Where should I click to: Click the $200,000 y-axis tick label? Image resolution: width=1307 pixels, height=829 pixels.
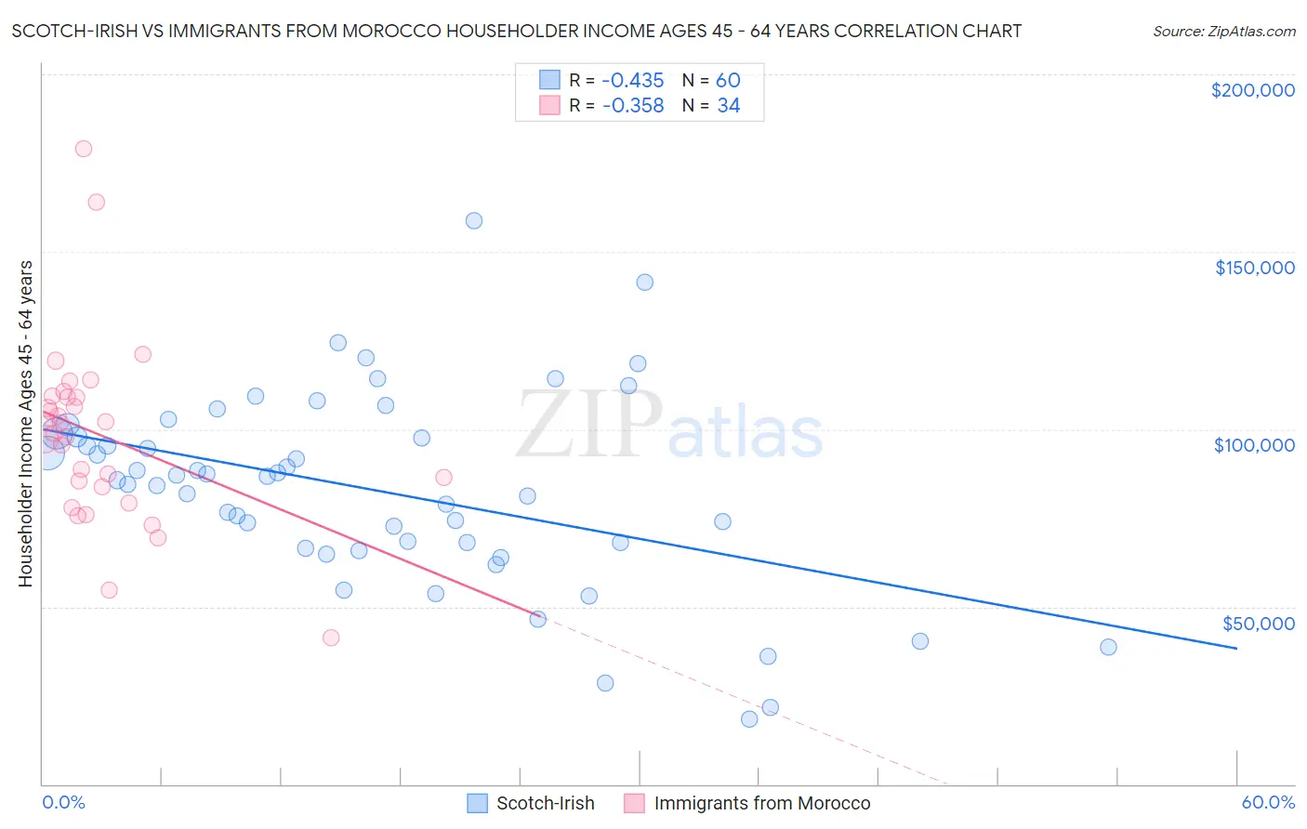coord(1252,90)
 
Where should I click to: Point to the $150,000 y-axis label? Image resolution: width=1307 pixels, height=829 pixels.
coord(1254,268)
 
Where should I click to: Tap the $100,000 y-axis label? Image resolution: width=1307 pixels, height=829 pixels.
coord(1254,445)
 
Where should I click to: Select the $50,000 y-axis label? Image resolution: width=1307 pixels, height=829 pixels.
coord(1258,623)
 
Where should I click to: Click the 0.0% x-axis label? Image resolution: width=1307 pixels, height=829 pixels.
coord(63,802)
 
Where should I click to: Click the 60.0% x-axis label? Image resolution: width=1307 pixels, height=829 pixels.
coord(1268,802)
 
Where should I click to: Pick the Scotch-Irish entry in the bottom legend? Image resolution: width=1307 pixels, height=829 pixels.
coord(545,803)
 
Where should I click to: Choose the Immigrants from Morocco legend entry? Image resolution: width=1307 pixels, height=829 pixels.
coord(761,803)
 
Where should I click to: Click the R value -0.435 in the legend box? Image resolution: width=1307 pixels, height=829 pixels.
coord(633,81)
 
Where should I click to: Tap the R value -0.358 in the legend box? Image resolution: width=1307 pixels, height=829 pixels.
coord(633,106)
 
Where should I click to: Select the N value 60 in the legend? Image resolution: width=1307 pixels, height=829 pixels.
coord(728,81)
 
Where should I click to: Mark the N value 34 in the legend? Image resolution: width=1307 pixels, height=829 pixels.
coord(728,106)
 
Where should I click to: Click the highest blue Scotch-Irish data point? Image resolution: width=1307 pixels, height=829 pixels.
coord(474,220)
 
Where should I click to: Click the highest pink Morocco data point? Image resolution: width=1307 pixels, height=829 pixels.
coord(84,149)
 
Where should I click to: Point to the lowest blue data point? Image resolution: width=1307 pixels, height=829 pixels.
coord(749,718)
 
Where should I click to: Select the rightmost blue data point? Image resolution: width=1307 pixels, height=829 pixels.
coord(1108,647)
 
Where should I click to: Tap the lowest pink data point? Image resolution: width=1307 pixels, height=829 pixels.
coord(331,638)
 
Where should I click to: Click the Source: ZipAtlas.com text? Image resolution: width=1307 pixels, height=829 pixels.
coord(1224,32)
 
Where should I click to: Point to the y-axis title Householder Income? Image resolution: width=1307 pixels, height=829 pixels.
coord(25,424)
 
